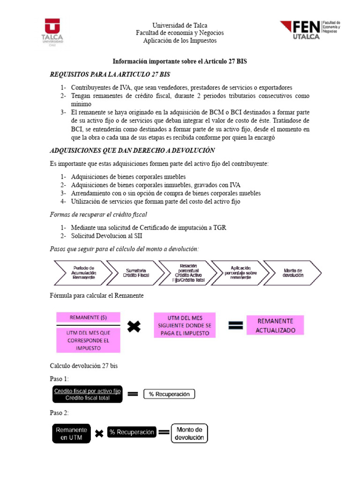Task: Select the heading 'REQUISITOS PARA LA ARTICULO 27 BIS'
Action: (110, 75)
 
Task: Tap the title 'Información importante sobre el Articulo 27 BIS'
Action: (180, 62)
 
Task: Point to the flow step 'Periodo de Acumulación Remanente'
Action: (84, 272)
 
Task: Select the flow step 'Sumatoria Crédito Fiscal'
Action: (136, 272)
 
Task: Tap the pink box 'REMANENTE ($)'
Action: (88, 317)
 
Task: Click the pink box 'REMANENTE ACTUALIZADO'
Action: (276, 325)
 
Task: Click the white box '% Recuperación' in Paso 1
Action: (169, 394)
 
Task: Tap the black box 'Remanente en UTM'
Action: (72, 433)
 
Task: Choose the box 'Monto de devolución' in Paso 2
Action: (189, 434)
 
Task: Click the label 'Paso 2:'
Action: (59, 413)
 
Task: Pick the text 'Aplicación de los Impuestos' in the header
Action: (180, 41)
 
